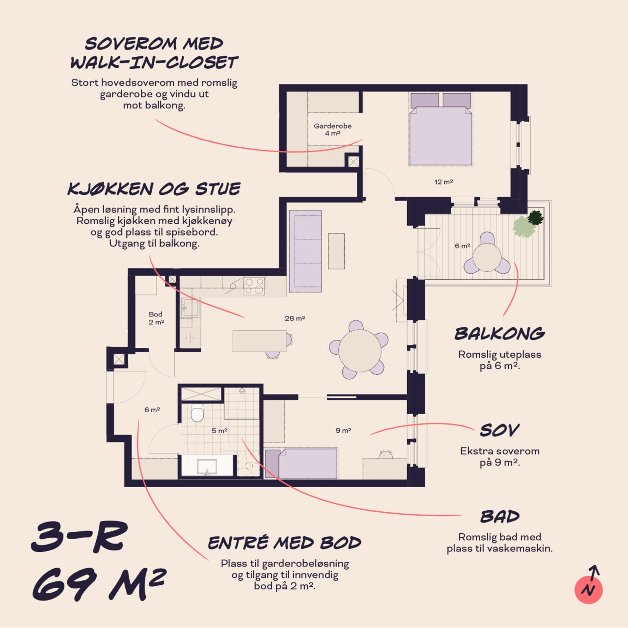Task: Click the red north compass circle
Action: click(x=588, y=590)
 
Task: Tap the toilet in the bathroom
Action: click(x=197, y=413)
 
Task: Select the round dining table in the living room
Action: click(x=359, y=351)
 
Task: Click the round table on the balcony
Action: click(x=487, y=258)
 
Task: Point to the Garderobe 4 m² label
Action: click(x=332, y=130)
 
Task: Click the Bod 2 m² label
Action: click(x=156, y=318)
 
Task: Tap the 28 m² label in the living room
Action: click(x=295, y=318)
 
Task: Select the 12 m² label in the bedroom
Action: click(x=443, y=182)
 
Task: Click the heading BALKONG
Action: click(x=499, y=334)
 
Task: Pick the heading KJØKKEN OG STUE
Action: click(x=154, y=189)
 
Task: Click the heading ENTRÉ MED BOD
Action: click(x=284, y=543)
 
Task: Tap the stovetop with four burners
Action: click(x=254, y=286)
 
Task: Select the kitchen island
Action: click(x=259, y=341)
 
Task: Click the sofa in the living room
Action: click(x=305, y=251)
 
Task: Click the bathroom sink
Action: click(x=207, y=466)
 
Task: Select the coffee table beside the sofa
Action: click(x=336, y=251)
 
